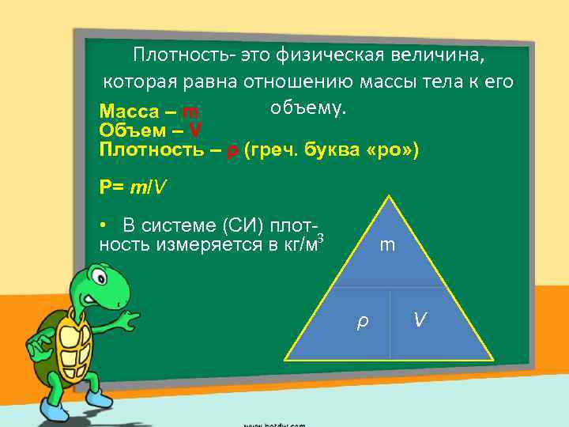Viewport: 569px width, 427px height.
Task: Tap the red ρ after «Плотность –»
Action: pyautogui.click(x=232, y=150)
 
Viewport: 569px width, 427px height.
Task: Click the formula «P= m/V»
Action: pyautogui.click(x=133, y=187)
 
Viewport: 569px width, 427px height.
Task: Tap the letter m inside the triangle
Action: pyautogui.click(x=387, y=246)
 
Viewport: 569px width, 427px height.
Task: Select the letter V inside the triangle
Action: pyautogui.click(x=422, y=319)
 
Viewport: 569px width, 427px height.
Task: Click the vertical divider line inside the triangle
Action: pyautogui.click(x=390, y=324)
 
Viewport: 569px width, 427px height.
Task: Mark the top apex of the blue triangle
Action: pyautogui.click(x=387, y=196)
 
